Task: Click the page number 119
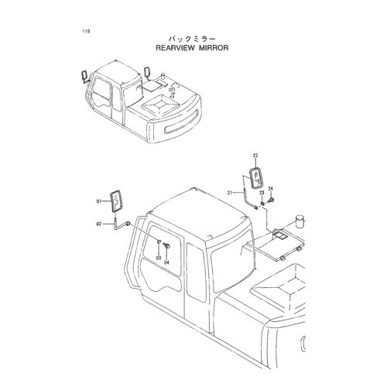[x=86, y=32]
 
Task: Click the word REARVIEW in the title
[x=174, y=48]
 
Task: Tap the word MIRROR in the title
[x=214, y=48]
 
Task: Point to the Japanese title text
[x=192, y=39]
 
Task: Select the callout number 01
[x=99, y=201]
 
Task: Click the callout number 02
[x=99, y=224]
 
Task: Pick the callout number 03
[x=159, y=258]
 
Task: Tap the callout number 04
[x=166, y=262]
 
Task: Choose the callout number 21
[x=230, y=193]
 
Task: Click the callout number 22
[x=255, y=156]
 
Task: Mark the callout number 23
[x=262, y=193]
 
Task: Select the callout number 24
[x=270, y=188]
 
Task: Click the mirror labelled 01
[x=117, y=201]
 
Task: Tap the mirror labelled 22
[x=256, y=179]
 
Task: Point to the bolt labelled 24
[x=271, y=200]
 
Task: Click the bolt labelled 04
[x=167, y=245]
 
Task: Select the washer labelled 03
[x=159, y=241]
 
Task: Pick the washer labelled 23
[x=262, y=204]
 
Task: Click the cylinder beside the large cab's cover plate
[x=300, y=221]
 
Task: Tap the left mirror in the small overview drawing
[x=84, y=75]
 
